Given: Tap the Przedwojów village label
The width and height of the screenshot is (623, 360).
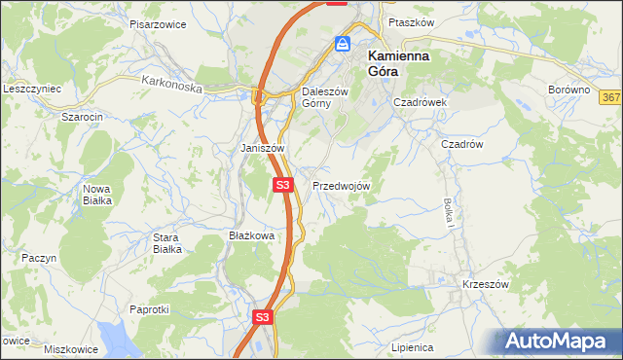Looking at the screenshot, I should point(341,185).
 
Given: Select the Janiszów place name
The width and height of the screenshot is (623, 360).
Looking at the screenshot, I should point(262,148).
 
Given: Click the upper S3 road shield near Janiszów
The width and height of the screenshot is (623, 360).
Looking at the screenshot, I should point(282,184).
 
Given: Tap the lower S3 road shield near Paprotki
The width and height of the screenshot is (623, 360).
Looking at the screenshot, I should point(261,317).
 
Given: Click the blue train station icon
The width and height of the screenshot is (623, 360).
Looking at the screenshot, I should point(343,44).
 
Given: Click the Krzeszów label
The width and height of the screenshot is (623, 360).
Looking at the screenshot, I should point(486,284).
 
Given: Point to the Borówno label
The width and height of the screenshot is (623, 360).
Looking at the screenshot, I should point(569,90).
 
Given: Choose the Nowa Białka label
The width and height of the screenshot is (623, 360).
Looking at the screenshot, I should point(97,194).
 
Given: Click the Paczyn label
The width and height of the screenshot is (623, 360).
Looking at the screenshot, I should point(40,258).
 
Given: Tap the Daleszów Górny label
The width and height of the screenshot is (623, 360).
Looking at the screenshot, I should point(317,97).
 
